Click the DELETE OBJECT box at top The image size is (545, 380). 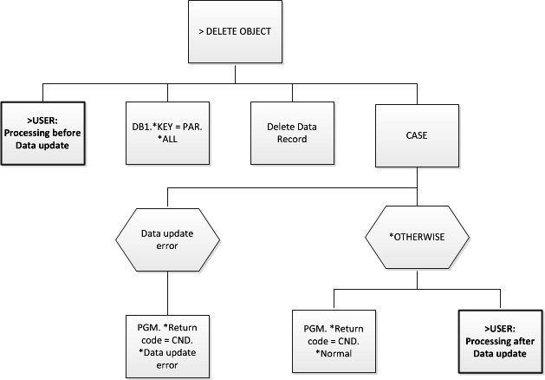coord(235,31)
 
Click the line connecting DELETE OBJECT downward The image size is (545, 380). coord(235,73)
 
